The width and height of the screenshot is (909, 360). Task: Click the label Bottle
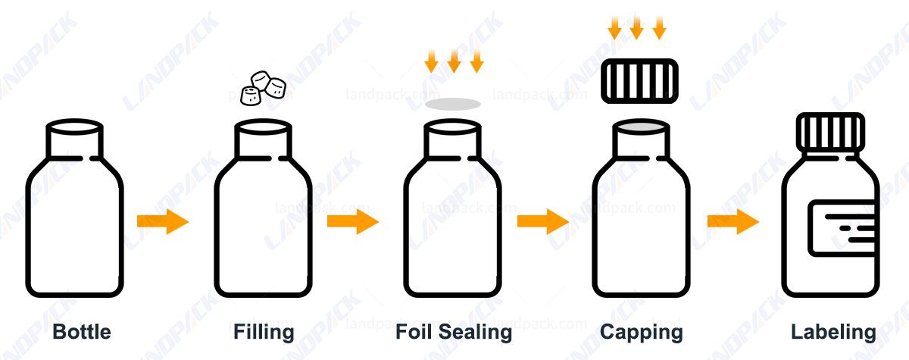(82, 332)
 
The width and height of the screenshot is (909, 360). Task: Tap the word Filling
(263, 332)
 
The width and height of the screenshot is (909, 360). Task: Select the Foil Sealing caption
(453, 332)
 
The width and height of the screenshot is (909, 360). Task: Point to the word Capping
(641, 332)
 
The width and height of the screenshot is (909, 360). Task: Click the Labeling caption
(833, 332)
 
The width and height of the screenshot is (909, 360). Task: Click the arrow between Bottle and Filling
(162, 221)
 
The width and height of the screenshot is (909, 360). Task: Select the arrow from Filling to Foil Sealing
(352, 221)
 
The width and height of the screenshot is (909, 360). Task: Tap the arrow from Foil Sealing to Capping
(542, 221)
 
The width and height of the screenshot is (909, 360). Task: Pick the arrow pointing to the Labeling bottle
(733, 221)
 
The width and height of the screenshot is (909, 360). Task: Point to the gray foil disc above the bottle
(452, 104)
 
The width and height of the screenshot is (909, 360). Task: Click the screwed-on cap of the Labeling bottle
(830, 130)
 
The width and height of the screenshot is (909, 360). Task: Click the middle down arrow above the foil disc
(454, 61)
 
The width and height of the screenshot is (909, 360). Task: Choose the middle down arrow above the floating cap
(637, 29)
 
